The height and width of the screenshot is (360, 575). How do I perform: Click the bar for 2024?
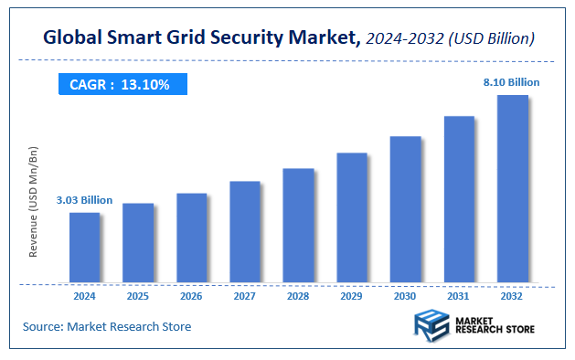84,248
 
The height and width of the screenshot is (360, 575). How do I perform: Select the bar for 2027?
245,232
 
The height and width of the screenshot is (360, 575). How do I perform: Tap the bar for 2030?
405,209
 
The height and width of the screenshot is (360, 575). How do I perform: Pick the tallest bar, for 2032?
512,189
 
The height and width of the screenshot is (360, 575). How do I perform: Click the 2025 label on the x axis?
138,297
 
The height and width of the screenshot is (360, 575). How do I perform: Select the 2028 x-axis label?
298,297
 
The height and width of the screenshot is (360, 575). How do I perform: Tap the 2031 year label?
459,297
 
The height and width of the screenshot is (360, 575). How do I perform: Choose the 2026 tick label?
191,297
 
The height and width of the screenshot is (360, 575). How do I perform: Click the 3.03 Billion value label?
84,199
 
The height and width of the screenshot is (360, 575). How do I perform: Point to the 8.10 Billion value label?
512,82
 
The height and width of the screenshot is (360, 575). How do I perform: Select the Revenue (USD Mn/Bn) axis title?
34,201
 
